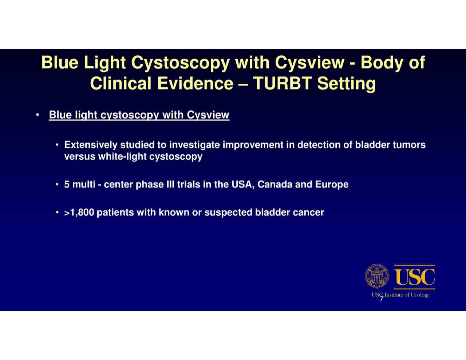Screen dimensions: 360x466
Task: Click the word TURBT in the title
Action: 282,83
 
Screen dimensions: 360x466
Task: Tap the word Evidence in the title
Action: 195,83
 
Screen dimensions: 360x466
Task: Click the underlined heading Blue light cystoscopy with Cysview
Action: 139,115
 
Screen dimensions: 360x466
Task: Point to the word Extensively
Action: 91,145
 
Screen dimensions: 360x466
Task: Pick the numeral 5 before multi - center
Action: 67,185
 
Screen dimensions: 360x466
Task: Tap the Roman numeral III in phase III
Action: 170,185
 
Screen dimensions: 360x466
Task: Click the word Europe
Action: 332,185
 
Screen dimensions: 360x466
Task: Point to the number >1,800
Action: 79,213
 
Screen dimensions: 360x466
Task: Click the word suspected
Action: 228,213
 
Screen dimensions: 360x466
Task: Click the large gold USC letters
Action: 414,277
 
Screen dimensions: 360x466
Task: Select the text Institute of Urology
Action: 407,295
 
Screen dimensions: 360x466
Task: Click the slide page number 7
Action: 381,299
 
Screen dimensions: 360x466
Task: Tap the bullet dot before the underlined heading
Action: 37,115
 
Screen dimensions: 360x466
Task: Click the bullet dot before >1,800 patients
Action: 57,212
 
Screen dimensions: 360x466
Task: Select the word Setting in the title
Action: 346,83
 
